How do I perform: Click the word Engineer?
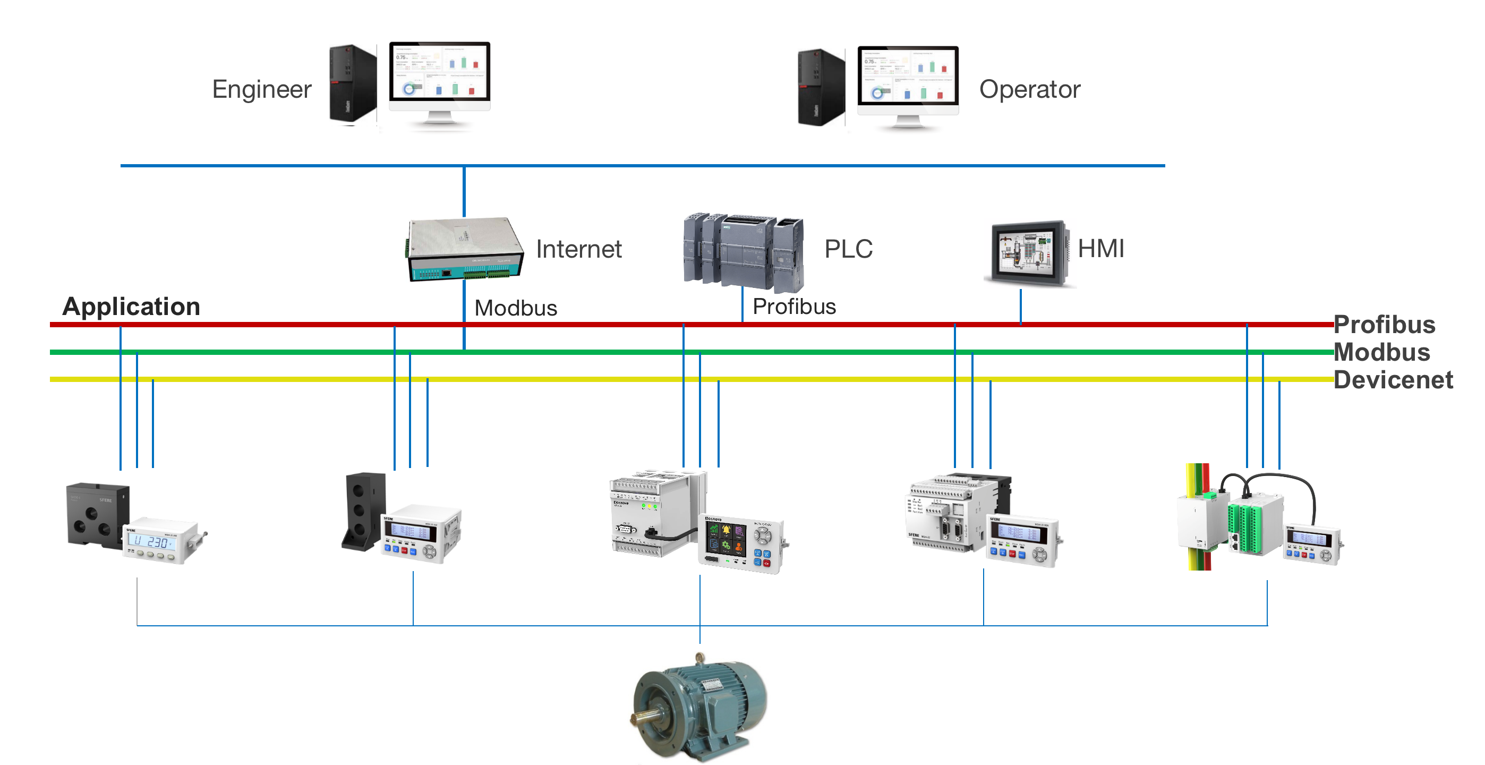(262, 89)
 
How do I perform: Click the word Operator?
(1030, 89)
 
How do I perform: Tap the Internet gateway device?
(465, 249)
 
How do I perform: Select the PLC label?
(848, 249)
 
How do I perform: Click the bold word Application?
(131, 306)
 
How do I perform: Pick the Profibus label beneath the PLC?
(794, 307)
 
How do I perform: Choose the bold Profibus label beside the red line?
(1384, 325)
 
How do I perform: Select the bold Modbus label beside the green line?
(1382, 352)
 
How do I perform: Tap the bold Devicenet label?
(1393, 380)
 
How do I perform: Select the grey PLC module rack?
(744, 251)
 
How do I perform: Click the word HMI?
(1100, 249)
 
